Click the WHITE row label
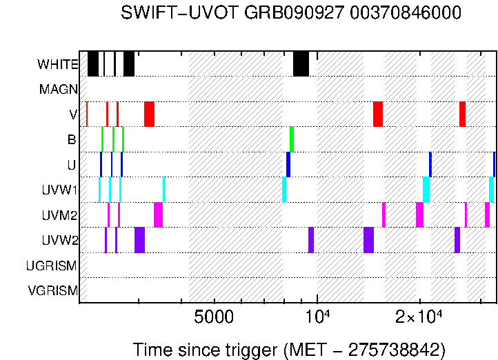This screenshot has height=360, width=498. pos(58,65)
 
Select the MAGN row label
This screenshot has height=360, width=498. pos(59,90)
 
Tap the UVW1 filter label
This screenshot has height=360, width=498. pos(59,190)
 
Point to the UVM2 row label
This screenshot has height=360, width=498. pos(59,215)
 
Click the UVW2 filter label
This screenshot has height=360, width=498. pos(59,240)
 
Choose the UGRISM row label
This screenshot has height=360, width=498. pos(52,266)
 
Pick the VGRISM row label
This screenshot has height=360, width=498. pos(52,290)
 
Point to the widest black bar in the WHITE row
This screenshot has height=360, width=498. pos(301,64)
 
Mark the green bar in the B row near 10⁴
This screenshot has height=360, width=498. pos(292,139)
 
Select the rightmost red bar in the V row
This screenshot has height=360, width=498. pos(462,114)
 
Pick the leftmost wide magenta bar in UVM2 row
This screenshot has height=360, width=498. pos(158,214)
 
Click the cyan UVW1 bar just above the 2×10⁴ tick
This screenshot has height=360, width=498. pos(426,190)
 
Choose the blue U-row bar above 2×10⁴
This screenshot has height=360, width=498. pos(430,164)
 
